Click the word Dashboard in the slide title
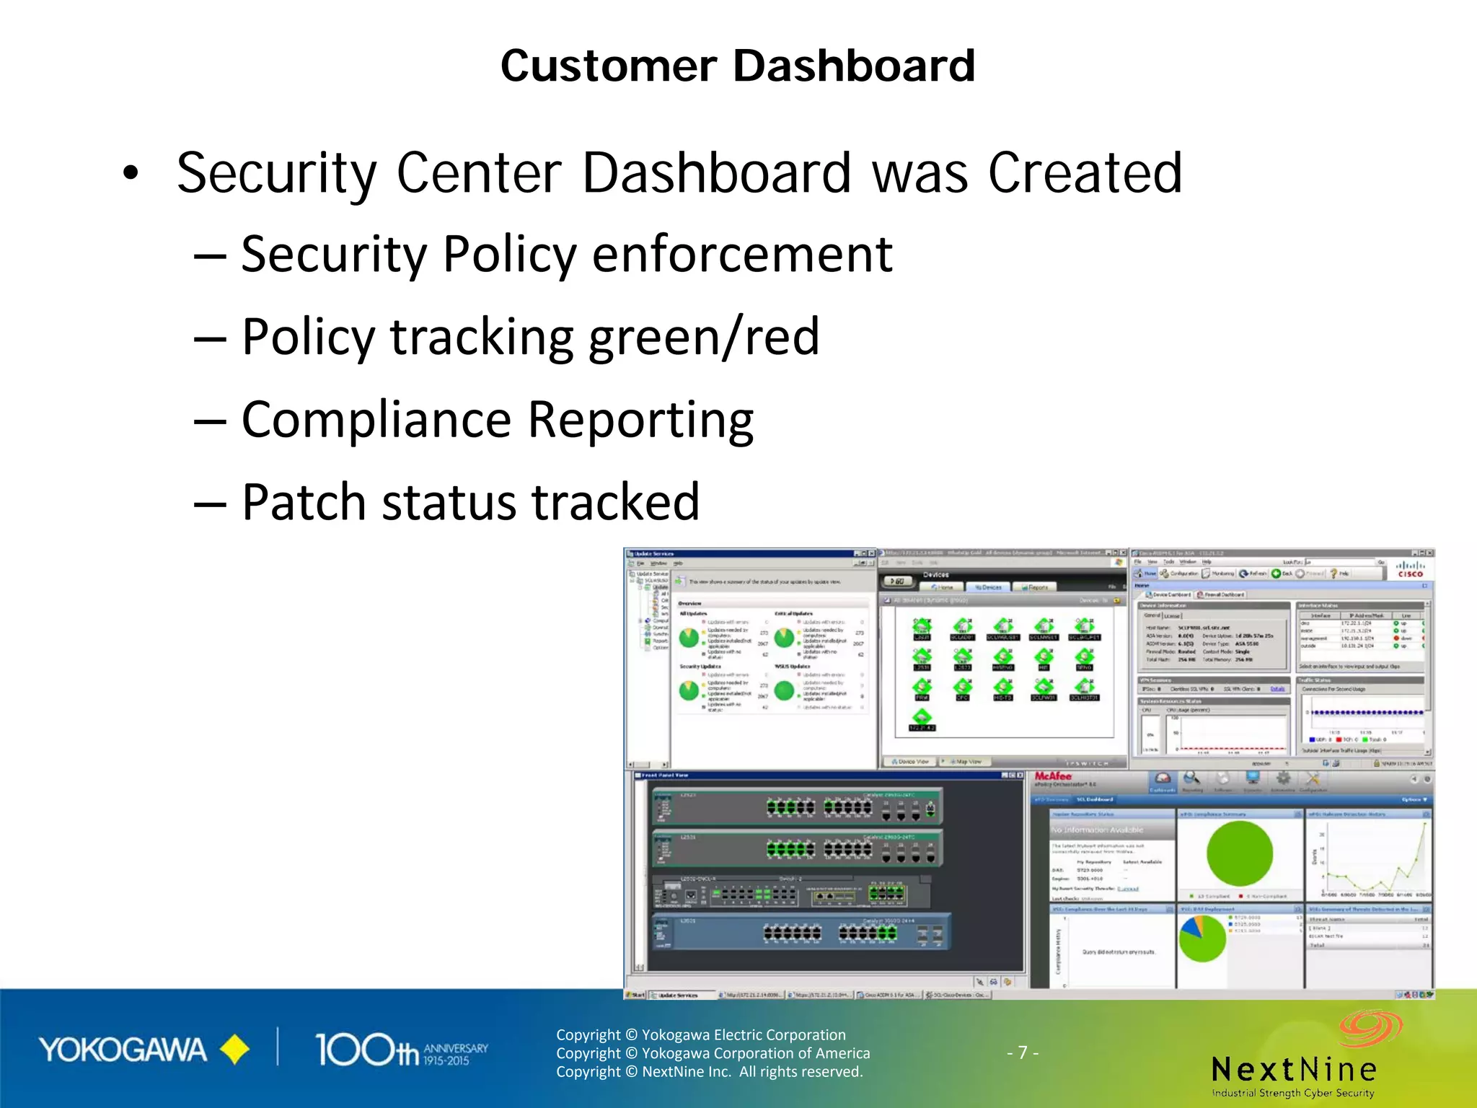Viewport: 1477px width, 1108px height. (x=854, y=66)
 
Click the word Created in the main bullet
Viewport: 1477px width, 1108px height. (x=1085, y=173)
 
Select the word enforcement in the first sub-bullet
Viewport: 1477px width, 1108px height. (x=742, y=255)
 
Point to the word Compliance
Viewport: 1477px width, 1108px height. (x=376, y=419)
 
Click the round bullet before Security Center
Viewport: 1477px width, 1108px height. (x=130, y=173)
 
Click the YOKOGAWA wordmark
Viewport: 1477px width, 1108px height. (x=123, y=1050)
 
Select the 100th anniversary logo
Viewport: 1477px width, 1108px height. (x=401, y=1050)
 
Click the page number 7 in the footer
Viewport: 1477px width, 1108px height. (x=1023, y=1052)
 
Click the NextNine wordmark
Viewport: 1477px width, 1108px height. (x=1294, y=1069)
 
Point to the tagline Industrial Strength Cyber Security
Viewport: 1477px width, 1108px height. (x=1293, y=1093)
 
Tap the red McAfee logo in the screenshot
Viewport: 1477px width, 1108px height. (x=1053, y=776)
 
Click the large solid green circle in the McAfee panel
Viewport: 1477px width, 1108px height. (x=1240, y=854)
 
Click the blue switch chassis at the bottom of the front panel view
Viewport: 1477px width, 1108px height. (x=801, y=933)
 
